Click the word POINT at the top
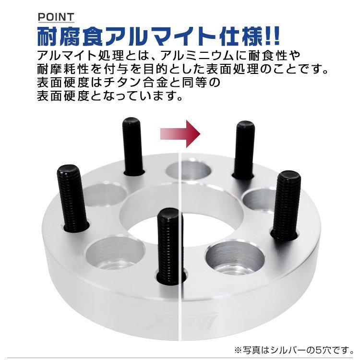(x=56, y=17)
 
